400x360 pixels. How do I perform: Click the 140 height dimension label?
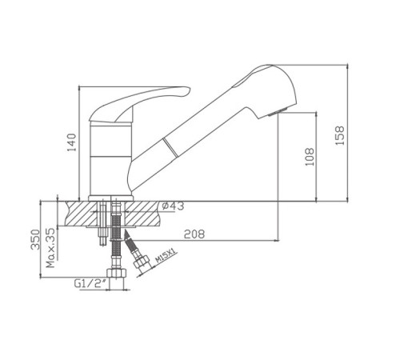click(71, 142)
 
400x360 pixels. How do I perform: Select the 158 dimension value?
click(340, 135)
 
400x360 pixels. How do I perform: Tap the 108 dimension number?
click(310, 157)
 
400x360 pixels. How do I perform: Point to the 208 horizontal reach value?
click(194, 234)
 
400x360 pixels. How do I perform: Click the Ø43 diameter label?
click(173, 206)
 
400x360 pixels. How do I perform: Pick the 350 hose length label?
click(35, 239)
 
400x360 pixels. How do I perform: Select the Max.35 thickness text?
click(50, 248)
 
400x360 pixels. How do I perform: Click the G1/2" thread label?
click(88, 283)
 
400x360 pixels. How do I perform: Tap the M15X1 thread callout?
click(165, 256)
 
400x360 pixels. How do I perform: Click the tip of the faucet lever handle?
click(190, 88)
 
